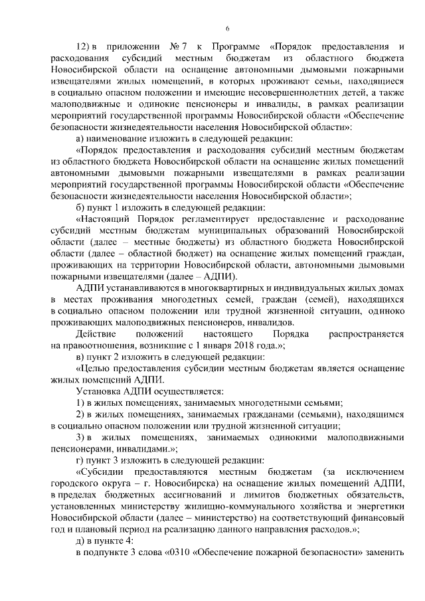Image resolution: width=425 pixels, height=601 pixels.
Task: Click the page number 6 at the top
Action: pyautogui.click(x=227, y=28)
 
